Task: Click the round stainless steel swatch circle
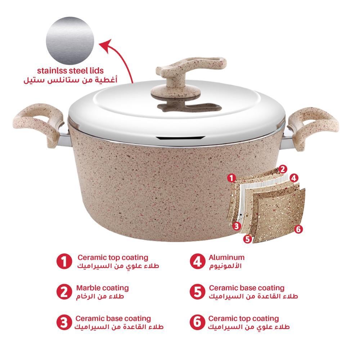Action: (70, 41)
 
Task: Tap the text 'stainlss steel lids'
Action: (70, 71)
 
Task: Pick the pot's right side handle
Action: (312, 129)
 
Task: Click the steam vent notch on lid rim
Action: (180, 138)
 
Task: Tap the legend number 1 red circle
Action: (64, 261)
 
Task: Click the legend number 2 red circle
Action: (64, 292)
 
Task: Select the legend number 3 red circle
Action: (64, 322)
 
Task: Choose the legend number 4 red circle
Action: (197, 261)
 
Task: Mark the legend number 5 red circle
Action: (197, 292)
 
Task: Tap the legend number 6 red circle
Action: (197, 322)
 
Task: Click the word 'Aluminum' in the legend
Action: (226, 257)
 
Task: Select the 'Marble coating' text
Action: (102, 288)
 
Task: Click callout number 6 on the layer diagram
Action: (298, 229)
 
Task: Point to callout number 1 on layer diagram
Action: (231, 178)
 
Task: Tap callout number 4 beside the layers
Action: (294, 178)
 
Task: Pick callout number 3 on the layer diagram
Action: (237, 226)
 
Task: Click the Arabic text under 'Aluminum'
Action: (225, 266)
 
